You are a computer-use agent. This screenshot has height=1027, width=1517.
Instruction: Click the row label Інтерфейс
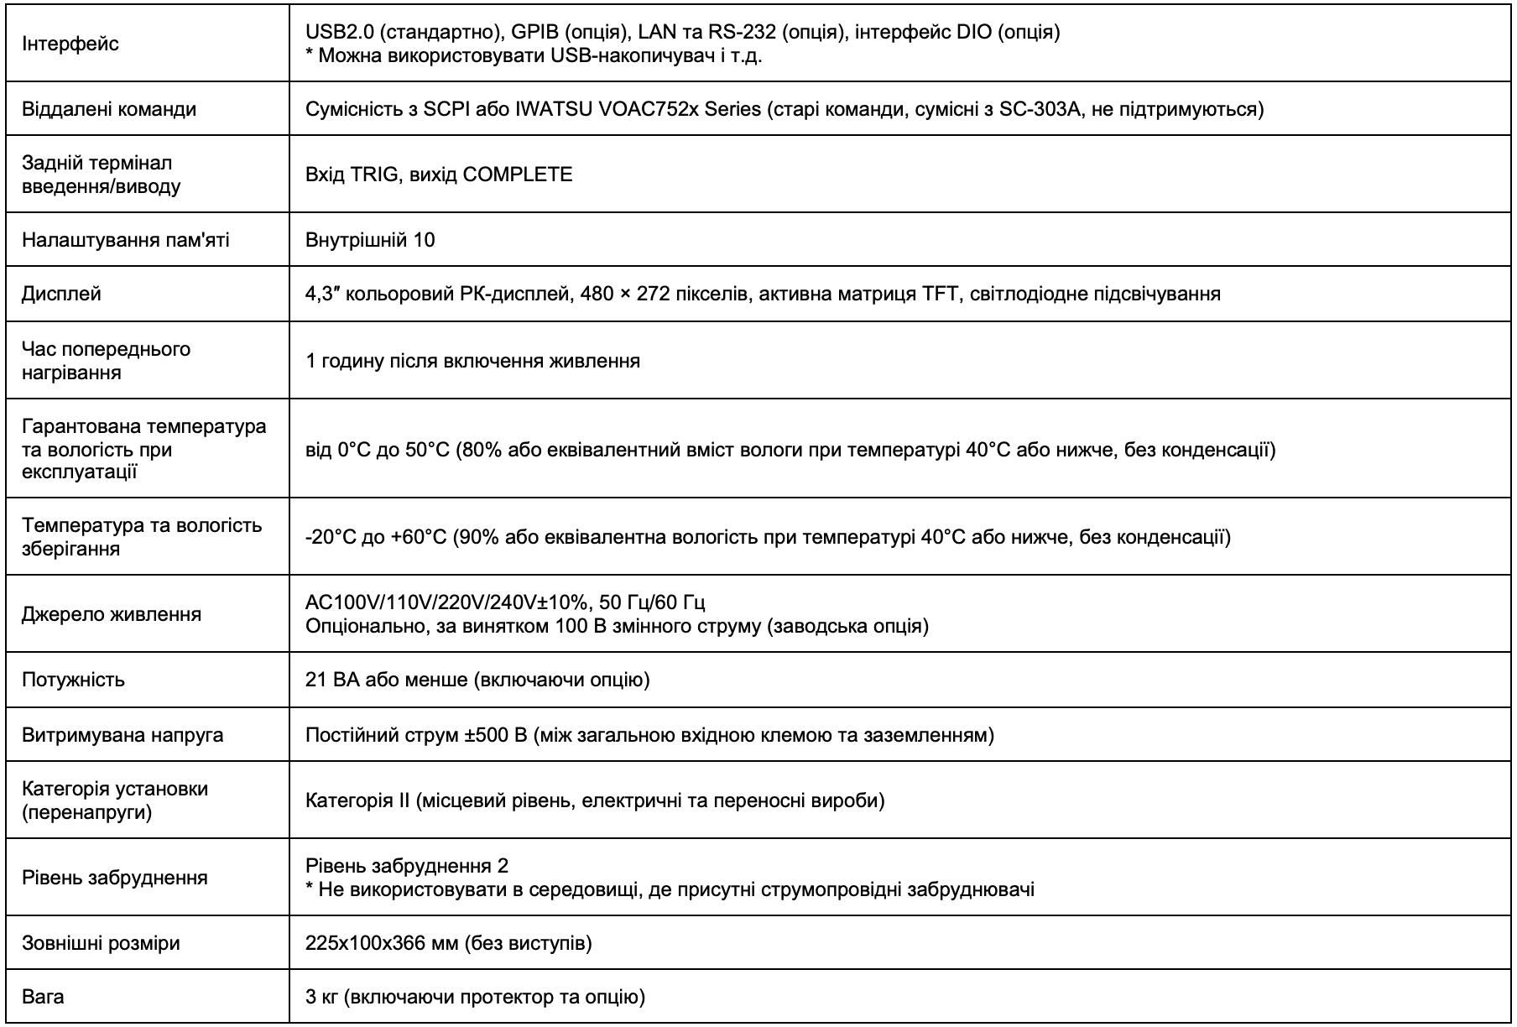click(x=70, y=44)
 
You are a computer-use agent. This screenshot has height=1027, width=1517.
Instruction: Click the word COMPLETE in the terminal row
click(x=518, y=175)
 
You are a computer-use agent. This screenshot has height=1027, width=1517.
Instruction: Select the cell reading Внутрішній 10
click(x=370, y=240)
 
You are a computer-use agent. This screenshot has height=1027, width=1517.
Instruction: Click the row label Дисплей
click(x=61, y=294)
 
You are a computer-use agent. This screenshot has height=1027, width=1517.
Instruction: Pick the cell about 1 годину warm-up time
click(x=472, y=361)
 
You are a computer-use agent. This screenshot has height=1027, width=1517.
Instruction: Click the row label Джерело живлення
click(x=112, y=614)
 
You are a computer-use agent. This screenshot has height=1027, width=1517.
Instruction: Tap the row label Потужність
click(x=73, y=680)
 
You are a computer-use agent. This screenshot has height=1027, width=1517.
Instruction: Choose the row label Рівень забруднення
click(x=115, y=878)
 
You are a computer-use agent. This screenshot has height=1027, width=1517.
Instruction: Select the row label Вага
click(x=43, y=997)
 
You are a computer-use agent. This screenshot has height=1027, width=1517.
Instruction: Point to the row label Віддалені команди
click(x=109, y=109)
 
